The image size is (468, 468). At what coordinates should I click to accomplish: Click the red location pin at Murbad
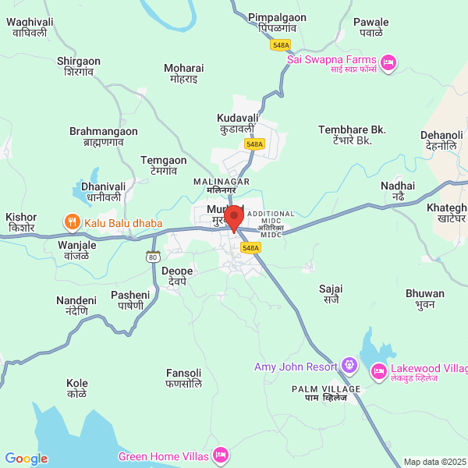[233, 217]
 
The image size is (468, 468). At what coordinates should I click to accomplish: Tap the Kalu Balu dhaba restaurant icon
[72, 223]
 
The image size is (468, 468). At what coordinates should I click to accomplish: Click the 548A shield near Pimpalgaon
[282, 45]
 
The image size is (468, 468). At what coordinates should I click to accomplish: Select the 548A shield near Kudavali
[254, 144]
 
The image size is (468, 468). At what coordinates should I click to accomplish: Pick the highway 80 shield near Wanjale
[153, 257]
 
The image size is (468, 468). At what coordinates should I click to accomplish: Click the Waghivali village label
[29, 27]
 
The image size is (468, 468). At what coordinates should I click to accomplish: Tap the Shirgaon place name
[79, 66]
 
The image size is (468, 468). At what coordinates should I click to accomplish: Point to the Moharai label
[183, 73]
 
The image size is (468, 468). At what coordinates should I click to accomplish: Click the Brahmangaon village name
[104, 136]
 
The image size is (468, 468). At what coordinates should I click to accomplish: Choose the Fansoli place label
[184, 378]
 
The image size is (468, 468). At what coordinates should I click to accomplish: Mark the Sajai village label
[331, 294]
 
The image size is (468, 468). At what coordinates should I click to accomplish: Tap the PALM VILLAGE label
[326, 393]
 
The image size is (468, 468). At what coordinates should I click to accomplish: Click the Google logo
[26, 459]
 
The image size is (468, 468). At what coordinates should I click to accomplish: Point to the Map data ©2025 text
[434, 462]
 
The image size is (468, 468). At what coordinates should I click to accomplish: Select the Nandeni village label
[76, 306]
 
